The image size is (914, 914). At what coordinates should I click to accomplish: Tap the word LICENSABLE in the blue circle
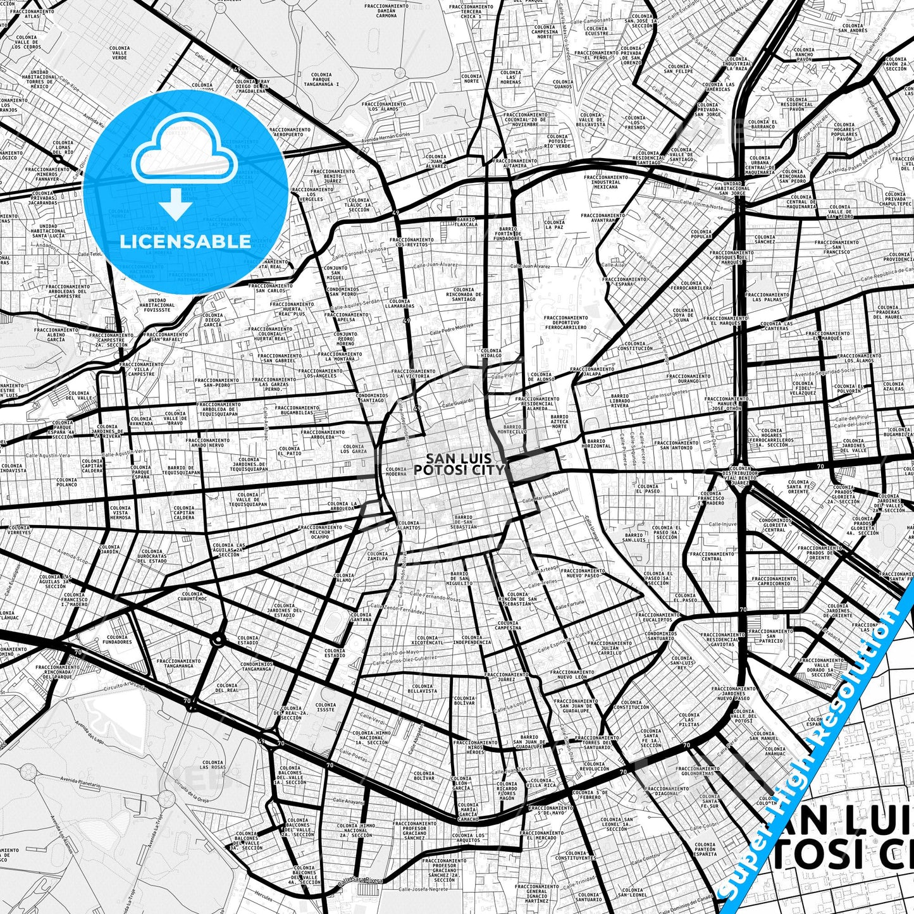(185, 241)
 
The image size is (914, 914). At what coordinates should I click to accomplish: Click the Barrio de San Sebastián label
(464, 522)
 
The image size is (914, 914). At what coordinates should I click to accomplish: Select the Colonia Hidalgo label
(491, 353)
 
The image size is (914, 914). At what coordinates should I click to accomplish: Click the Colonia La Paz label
(554, 225)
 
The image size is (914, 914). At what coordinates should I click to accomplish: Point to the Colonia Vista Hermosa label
(120, 512)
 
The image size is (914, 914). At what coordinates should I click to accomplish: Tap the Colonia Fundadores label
(119, 639)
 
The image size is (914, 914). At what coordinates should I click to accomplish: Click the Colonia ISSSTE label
(326, 707)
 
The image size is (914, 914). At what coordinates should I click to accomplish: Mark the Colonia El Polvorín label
(848, 388)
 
